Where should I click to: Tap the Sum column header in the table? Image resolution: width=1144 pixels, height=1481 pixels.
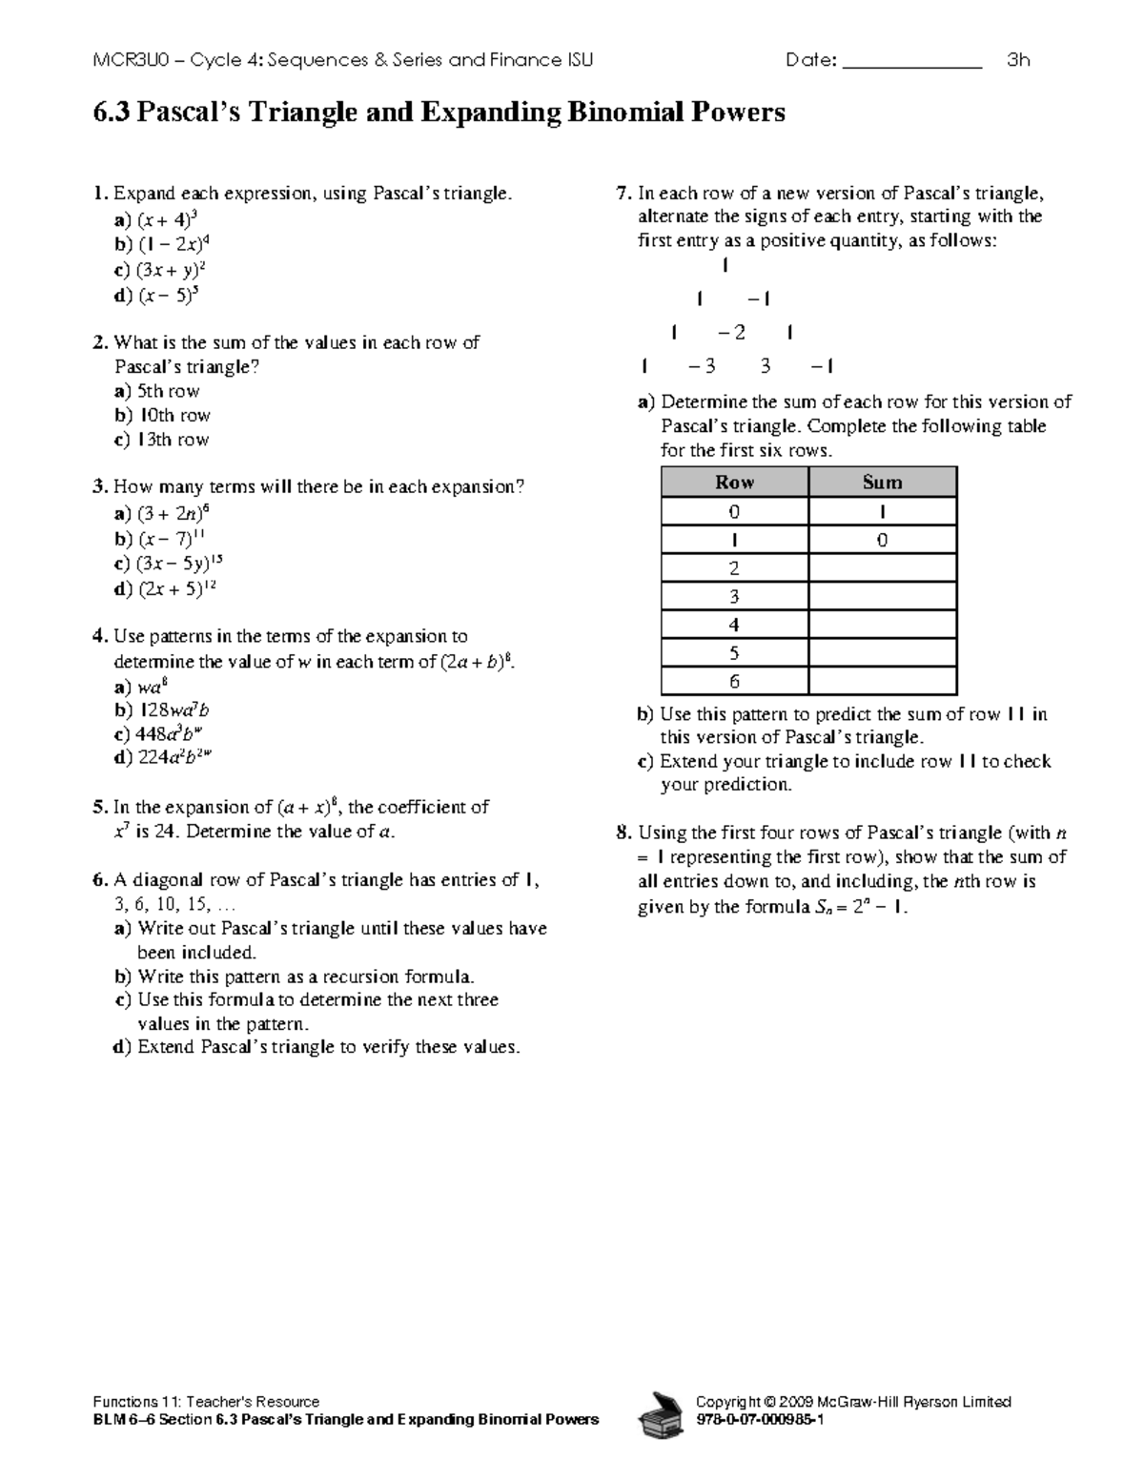pos(882,483)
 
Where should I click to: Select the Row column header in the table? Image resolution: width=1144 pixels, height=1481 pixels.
pos(734,483)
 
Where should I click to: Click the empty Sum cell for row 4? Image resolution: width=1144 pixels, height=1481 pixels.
pos(882,625)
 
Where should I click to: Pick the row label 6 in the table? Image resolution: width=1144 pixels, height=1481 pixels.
pos(734,682)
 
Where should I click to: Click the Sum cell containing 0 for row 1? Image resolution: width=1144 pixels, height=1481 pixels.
pos(882,540)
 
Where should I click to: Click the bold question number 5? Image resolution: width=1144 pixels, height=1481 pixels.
pos(99,808)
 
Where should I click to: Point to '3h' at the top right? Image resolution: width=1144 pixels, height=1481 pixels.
pos(1018,61)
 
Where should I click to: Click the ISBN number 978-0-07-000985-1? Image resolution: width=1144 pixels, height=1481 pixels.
pos(760,1420)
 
